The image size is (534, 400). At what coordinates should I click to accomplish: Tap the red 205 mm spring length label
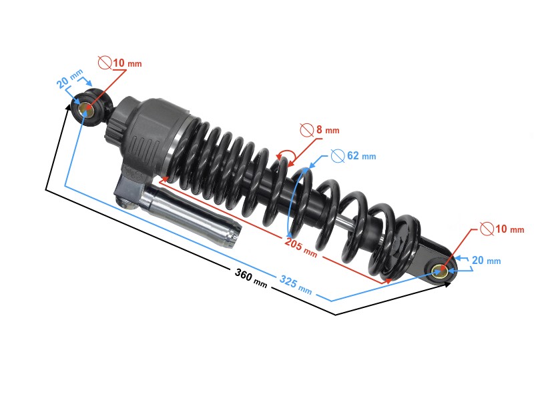pyautogui.click(x=301, y=246)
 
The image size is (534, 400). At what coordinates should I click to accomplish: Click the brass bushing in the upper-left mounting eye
pyautogui.click(x=86, y=109)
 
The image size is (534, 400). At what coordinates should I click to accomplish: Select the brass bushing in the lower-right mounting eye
pyautogui.click(x=440, y=271)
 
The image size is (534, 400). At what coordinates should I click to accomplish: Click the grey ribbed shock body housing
pyautogui.click(x=150, y=133)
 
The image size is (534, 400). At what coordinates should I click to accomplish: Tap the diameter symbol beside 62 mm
pyautogui.click(x=338, y=156)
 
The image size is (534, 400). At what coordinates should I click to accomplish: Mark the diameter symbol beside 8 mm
pyautogui.click(x=307, y=129)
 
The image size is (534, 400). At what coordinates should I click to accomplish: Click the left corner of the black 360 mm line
pyautogui.click(x=46, y=190)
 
